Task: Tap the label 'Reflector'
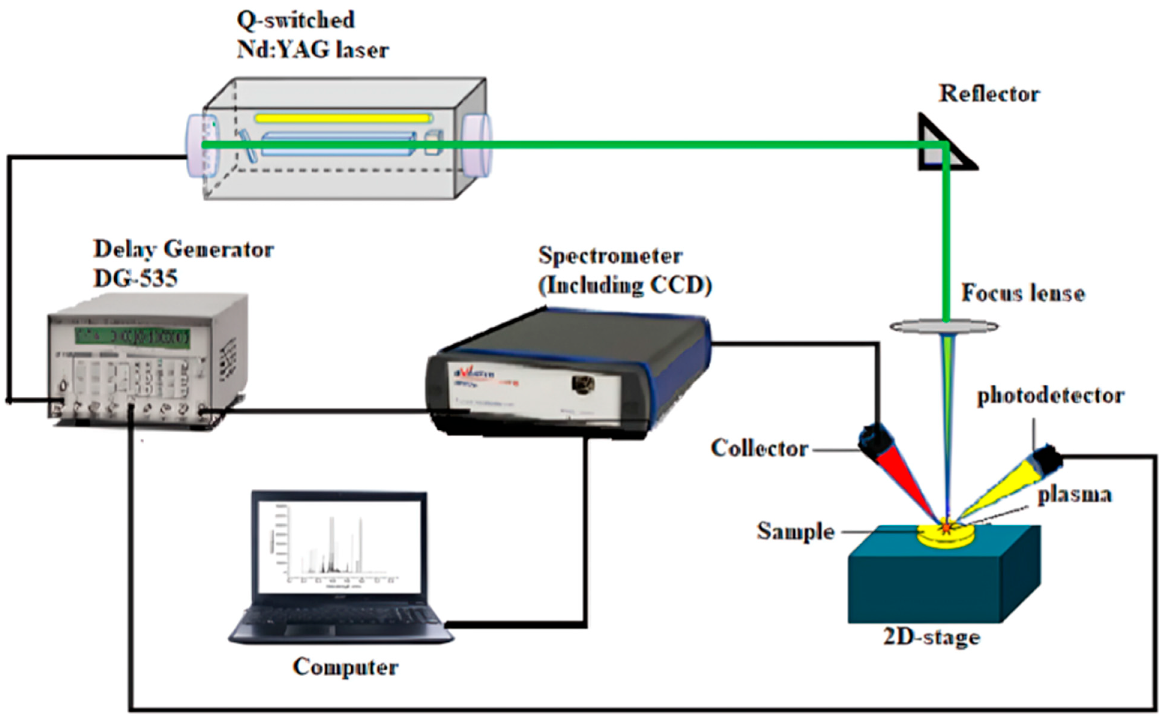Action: tap(989, 94)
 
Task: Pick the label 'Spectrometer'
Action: tap(610, 256)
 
